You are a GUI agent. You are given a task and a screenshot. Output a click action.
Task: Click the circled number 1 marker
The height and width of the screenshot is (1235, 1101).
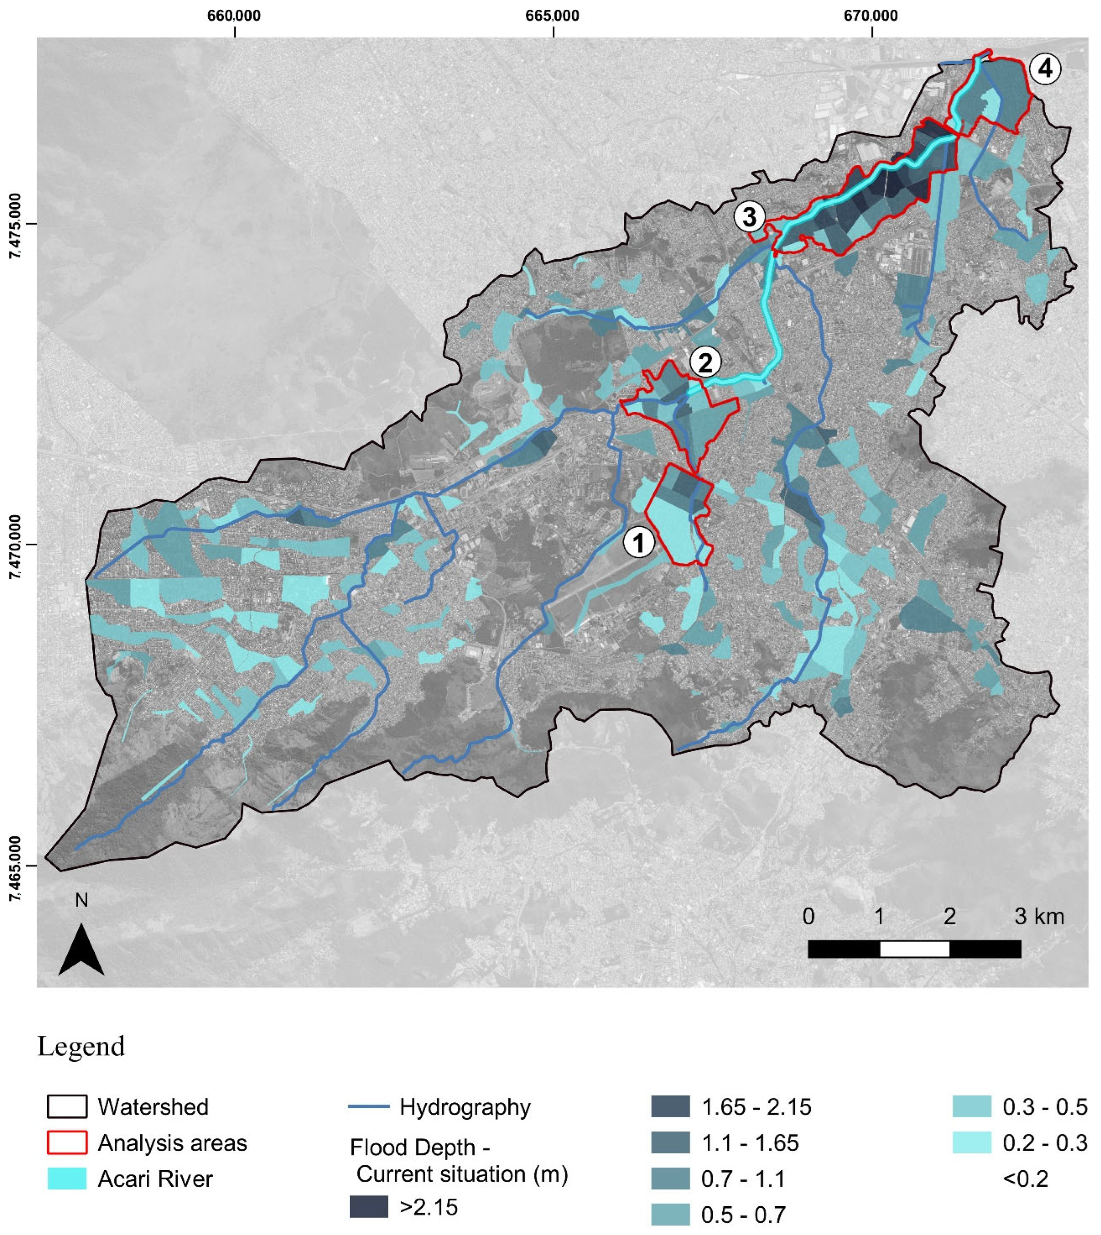(x=639, y=542)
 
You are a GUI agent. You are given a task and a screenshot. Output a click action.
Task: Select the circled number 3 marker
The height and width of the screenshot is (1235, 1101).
(x=749, y=217)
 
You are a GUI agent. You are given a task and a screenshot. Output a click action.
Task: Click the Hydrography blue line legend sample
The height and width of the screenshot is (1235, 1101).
(x=369, y=1107)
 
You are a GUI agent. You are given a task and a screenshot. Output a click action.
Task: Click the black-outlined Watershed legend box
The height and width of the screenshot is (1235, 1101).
(x=67, y=1107)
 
